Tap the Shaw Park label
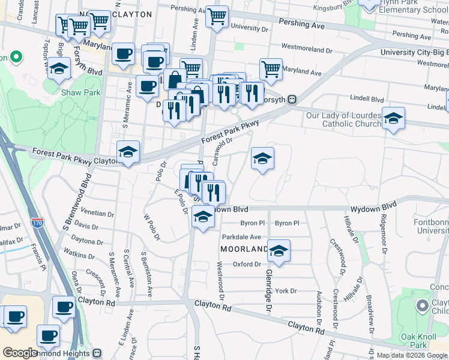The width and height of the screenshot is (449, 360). (x=81, y=92)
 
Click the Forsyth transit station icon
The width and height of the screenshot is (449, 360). (x=292, y=100)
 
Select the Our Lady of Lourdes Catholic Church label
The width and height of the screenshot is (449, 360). (x=343, y=119)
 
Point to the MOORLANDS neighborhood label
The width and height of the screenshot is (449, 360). (x=244, y=249)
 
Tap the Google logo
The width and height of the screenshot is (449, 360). (x=20, y=353)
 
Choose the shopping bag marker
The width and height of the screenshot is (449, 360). (x=175, y=79)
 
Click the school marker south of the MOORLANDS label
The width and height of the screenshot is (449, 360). (x=279, y=251)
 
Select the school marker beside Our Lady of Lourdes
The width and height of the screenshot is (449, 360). (x=393, y=118)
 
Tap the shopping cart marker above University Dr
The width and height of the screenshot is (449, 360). (x=217, y=17)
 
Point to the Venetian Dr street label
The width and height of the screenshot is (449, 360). (x=98, y=213)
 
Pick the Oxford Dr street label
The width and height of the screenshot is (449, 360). (x=247, y=264)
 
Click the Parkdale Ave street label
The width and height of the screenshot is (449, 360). (x=242, y=237)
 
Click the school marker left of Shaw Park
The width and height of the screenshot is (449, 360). (x=59, y=70)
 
